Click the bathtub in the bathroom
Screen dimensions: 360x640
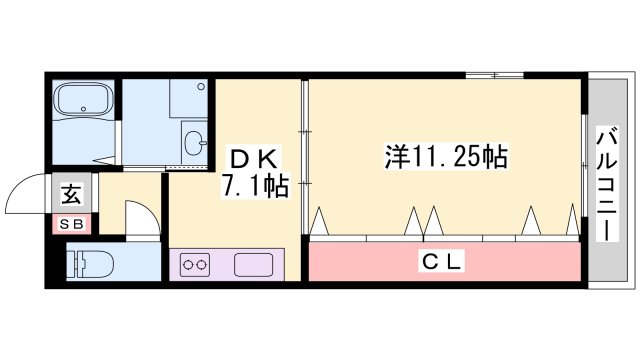point(84,101)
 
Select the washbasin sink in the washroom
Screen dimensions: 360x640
point(195,139)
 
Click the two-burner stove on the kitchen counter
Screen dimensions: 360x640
point(195,266)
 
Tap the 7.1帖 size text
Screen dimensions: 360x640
point(256,187)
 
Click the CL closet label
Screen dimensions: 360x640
point(440,262)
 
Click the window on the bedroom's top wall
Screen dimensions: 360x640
point(493,75)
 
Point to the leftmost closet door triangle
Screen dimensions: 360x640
point(320,222)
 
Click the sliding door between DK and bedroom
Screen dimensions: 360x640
point(304,160)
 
